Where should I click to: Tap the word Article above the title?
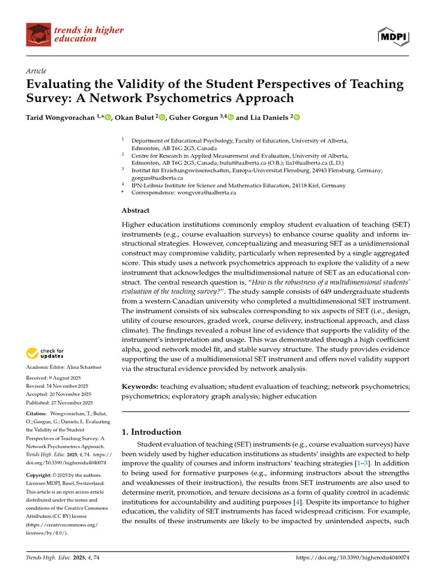[x=36, y=70]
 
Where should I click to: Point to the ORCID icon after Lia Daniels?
[x=296, y=117]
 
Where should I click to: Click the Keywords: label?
[x=140, y=386]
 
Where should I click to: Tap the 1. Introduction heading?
[x=152, y=432]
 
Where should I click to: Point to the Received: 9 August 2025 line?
[x=52, y=378]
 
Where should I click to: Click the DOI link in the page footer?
[x=353, y=558]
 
